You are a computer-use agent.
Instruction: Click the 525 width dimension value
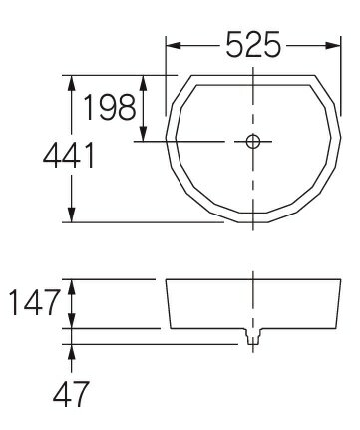(x=253, y=44)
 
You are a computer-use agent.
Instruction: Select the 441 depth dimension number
(x=69, y=155)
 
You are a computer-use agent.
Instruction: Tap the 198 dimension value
(x=110, y=107)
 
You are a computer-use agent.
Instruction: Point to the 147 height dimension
(x=35, y=302)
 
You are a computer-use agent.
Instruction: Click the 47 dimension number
(x=71, y=394)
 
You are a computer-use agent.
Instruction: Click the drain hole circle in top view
(x=253, y=142)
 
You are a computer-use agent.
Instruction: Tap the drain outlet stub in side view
(x=253, y=336)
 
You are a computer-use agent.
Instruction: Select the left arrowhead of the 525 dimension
(x=174, y=46)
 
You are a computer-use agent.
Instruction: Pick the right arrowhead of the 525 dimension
(x=333, y=46)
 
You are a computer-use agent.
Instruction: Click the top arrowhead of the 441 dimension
(x=71, y=83)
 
